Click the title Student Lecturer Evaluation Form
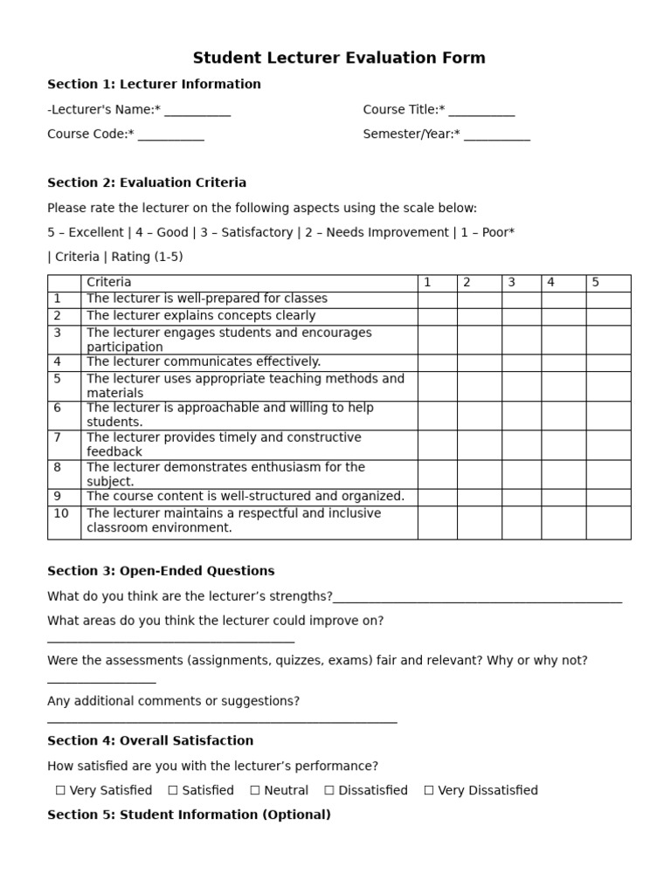[339, 58]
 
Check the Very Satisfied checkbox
[60, 790]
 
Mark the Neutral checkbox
[255, 790]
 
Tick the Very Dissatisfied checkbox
[429, 790]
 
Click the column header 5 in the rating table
[596, 283]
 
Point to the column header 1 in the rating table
[427, 283]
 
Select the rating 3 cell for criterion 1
[521, 299]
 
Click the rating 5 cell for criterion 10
[608, 522]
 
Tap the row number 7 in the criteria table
[58, 437]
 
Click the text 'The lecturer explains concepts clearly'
[201, 316]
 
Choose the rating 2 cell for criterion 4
[479, 362]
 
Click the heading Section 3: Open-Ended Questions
[161, 571]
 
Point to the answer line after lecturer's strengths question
[477, 601]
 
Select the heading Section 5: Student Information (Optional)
[189, 815]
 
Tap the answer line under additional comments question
[222, 721]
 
